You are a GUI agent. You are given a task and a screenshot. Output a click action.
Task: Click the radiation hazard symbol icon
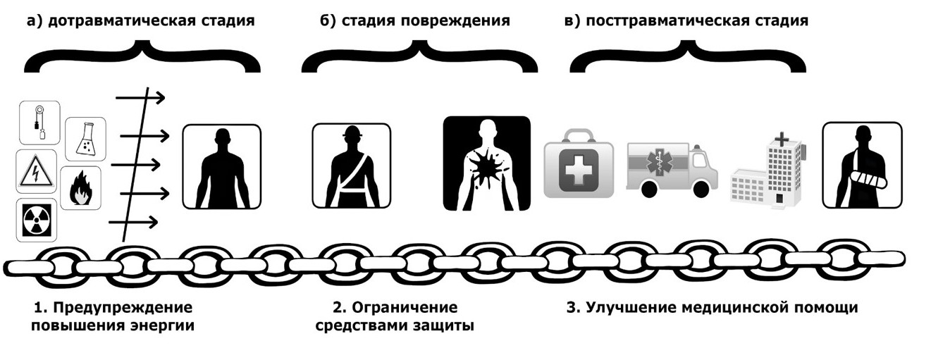[37, 221]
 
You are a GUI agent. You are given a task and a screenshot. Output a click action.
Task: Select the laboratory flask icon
[85, 139]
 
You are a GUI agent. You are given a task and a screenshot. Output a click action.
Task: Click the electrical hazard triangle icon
[37, 172]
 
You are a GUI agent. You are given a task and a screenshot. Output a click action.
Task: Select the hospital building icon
[767, 173]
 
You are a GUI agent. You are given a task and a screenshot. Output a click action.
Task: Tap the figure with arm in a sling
[862, 166]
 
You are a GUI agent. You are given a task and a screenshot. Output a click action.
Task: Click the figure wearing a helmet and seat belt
[351, 166]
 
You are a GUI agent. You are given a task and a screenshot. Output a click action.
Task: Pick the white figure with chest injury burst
[486, 164]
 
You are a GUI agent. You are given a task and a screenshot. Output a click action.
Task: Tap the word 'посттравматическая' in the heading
[663, 20]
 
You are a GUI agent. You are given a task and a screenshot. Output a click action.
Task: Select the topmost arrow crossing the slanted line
[140, 97]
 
